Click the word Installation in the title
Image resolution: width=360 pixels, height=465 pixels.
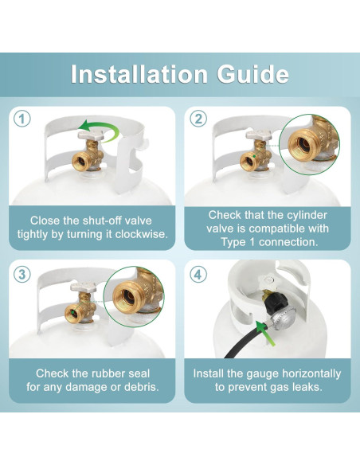click(x=139, y=74)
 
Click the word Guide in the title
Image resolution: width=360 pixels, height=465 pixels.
click(x=253, y=74)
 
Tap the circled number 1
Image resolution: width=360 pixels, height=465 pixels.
click(x=22, y=119)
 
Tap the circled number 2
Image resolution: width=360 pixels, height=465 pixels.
click(x=198, y=119)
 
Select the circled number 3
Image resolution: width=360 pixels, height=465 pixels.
click(x=22, y=275)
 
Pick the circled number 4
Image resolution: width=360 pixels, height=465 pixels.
click(x=198, y=275)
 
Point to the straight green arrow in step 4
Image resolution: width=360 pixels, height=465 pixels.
click(x=264, y=334)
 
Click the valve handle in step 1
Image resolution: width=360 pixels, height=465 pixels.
click(x=91, y=135)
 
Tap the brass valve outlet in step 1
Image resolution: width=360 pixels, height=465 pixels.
click(x=80, y=162)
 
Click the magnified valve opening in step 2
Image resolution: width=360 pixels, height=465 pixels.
click(x=303, y=143)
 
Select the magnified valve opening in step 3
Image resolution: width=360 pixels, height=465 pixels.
click(x=128, y=297)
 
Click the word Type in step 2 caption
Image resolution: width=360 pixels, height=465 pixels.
click(x=233, y=243)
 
